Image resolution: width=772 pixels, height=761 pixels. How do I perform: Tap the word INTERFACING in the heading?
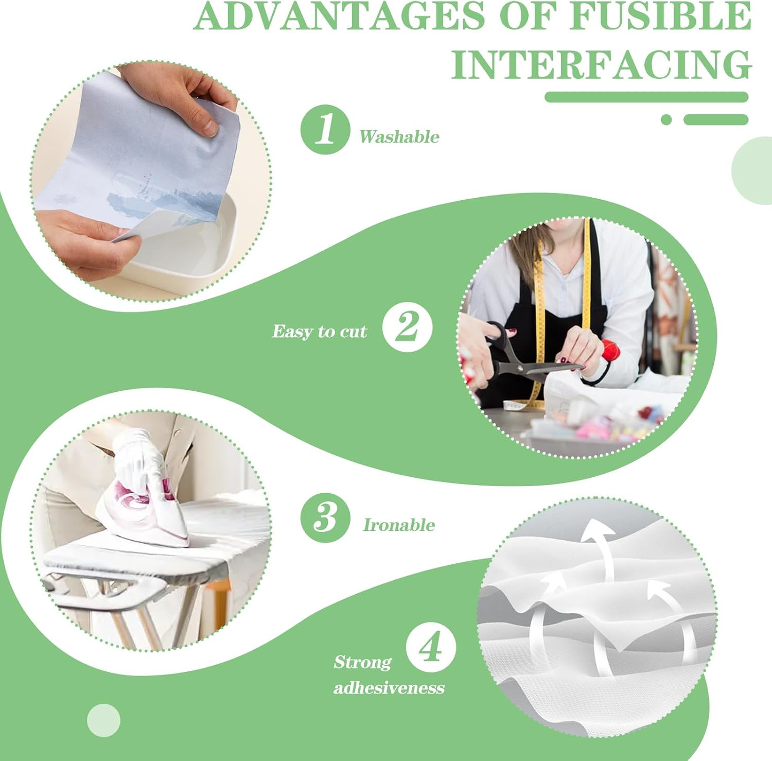point(601,65)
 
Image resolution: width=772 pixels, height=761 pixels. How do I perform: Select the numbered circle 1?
point(325,129)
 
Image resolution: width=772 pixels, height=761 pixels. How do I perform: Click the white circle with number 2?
point(407,327)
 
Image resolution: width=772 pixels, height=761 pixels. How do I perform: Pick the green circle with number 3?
point(325,517)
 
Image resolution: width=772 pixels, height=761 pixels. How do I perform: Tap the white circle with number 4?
point(431,647)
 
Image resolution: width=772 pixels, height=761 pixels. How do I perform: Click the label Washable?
point(399,137)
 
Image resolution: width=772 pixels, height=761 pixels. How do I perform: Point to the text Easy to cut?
point(319,332)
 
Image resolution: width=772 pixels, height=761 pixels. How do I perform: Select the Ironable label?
point(399,525)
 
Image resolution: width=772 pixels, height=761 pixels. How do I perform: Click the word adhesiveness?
point(389,688)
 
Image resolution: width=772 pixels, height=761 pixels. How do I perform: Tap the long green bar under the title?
point(646,97)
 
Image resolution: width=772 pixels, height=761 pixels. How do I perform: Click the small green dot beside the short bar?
point(666,120)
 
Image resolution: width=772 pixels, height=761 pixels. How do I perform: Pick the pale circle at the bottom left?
point(103,720)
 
